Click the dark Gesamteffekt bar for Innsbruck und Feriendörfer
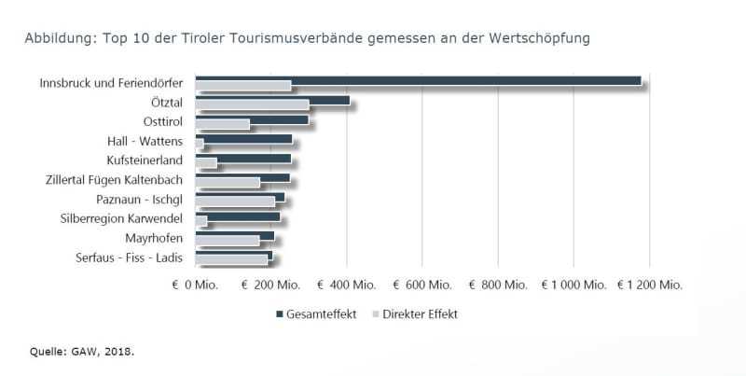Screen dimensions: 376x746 pyautogui.click(x=418, y=80)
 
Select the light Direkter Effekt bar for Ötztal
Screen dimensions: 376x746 pyautogui.click(x=252, y=105)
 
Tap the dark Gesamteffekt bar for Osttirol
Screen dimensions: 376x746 pyautogui.click(x=252, y=119)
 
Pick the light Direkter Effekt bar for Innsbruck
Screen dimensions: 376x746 pyautogui.click(x=242, y=86)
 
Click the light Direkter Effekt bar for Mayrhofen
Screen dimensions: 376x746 pyautogui.click(x=227, y=241)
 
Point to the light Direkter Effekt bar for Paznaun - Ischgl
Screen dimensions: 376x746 pyautogui.click(x=235, y=202)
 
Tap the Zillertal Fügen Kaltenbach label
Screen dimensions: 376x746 pyautogui.click(x=114, y=180)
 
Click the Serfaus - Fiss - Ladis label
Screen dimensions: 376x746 pyautogui.click(x=130, y=258)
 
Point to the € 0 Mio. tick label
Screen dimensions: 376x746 pyautogui.click(x=194, y=284)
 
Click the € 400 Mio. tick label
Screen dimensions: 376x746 pyautogui.click(x=346, y=284)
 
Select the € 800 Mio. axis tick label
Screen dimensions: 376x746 pyautogui.click(x=498, y=284)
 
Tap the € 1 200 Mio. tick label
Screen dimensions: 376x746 pyautogui.click(x=650, y=284)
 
